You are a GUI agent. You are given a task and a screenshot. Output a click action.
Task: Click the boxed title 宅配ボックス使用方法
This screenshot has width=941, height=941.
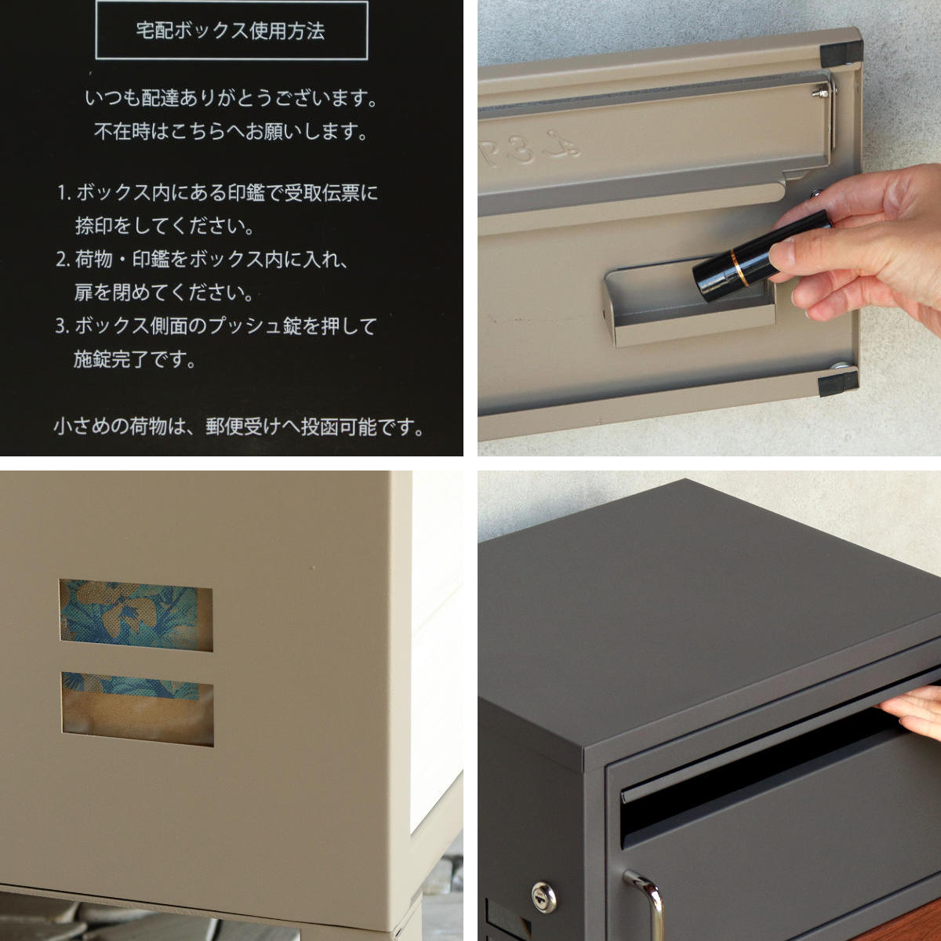tap(231, 31)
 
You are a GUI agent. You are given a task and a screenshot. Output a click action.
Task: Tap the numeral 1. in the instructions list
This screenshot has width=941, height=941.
tap(64, 194)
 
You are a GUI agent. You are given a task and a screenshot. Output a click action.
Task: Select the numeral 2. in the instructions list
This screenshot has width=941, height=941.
tap(64, 260)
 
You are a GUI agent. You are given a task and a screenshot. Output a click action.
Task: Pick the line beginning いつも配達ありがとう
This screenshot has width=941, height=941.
tap(232, 99)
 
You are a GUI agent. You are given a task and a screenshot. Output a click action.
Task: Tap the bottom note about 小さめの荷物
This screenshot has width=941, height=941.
tap(238, 427)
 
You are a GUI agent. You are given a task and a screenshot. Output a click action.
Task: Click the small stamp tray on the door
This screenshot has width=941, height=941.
tap(689, 303)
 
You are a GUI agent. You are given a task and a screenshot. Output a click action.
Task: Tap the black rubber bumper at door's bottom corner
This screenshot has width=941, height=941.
tap(838, 383)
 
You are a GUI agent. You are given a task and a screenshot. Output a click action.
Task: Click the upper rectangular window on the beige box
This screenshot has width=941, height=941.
tap(136, 616)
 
